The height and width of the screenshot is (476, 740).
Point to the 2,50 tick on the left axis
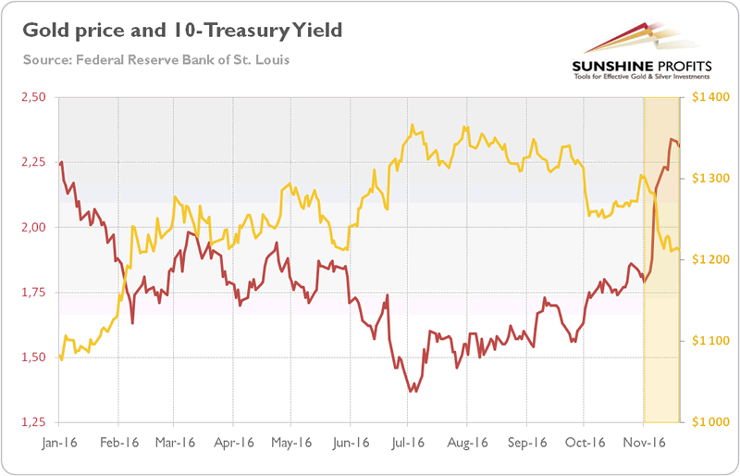point(33,97)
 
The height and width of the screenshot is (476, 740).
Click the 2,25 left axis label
point(33,162)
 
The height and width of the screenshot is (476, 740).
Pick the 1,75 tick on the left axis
point(33,293)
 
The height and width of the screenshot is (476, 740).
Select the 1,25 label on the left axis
point(33,422)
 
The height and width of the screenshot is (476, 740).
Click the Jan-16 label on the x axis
point(57,442)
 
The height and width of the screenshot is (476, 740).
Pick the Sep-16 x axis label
point(524,442)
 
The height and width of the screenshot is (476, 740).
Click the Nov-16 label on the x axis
point(641,442)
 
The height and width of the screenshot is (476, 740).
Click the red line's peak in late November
point(672,139)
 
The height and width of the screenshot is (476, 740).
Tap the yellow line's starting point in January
point(59,356)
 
